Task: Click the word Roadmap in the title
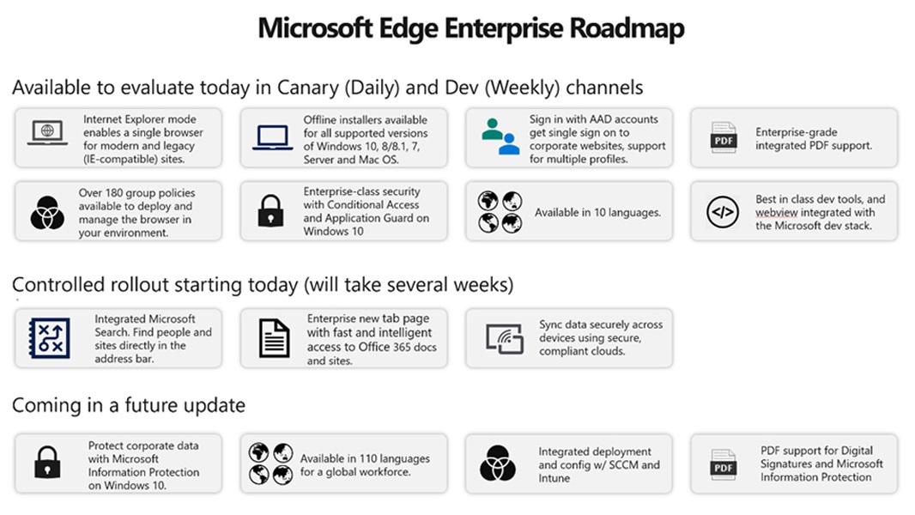626,28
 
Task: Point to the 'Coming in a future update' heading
129,405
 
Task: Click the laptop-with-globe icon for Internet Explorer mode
47,133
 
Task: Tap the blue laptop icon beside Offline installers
272,138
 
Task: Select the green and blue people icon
500,136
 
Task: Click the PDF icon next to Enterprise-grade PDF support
724,137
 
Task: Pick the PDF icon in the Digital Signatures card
724,465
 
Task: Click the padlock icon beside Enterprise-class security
270,210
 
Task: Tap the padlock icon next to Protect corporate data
47,463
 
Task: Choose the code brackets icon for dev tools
723,212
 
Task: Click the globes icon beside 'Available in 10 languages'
500,212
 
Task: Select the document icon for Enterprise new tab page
275,338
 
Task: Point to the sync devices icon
505,339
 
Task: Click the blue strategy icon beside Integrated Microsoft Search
50,337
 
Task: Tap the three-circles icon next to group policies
47,213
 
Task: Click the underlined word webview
776,213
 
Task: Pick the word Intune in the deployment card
554,478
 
